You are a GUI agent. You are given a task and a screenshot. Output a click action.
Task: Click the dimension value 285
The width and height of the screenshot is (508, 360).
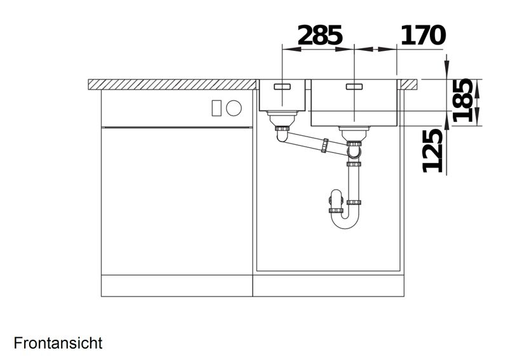click(320, 36)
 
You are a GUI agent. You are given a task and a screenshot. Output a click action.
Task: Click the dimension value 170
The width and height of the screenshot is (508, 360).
click(423, 36)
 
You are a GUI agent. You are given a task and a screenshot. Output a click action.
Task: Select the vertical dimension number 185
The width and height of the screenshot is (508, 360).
click(463, 100)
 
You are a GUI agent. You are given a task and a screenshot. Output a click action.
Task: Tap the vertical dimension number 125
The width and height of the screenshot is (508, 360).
click(433, 150)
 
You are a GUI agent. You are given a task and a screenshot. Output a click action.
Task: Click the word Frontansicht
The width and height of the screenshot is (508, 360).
click(58, 343)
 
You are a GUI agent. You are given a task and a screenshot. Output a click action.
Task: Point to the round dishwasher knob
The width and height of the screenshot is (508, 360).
click(234, 108)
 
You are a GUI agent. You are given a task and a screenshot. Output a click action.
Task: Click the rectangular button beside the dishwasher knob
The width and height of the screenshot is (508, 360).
click(217, 108)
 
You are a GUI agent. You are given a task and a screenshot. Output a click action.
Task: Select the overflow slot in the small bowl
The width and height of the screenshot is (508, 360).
click(283, 86)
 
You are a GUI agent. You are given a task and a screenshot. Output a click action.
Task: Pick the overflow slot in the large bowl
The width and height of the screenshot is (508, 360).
click(355, 86)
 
